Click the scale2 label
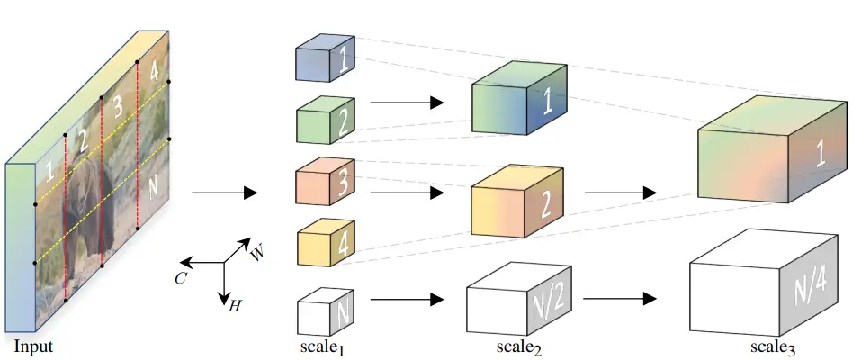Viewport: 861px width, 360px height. [x=519, y=346]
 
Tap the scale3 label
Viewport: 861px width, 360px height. [x=771, y=346]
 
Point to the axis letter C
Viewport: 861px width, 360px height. [x=179, y=277]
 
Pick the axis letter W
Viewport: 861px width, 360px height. [x=257, y=252]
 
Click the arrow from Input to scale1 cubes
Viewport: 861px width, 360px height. [x=224, y=193]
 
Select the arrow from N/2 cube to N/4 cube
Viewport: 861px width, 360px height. [x=618, y=298]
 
